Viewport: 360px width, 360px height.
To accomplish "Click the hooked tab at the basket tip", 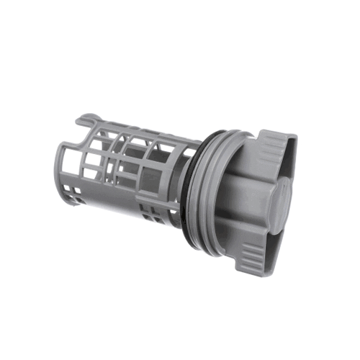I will pos(86,117).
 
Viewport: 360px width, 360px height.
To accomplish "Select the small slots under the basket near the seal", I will pos(155,216).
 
